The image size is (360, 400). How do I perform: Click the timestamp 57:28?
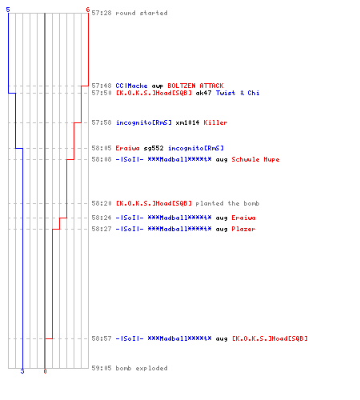102,13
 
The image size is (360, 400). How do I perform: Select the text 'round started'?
142,13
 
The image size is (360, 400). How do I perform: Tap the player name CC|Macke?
131,86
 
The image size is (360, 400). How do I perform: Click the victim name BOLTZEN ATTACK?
195,86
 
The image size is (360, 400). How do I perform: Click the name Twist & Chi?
238,93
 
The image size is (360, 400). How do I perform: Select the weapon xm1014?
187,122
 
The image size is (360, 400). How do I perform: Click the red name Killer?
215,122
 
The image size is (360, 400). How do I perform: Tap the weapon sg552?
154,148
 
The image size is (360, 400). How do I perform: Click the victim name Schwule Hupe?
255,159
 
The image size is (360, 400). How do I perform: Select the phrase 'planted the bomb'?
227,203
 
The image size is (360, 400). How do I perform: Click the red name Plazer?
243,229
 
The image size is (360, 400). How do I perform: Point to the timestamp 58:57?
102,338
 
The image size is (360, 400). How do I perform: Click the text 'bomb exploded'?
142,368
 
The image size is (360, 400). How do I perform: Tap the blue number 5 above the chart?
8,10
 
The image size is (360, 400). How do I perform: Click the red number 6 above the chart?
88,10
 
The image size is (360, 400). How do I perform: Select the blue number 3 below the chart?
22,371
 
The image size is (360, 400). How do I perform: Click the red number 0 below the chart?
45,371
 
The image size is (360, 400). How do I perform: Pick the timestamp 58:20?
102,203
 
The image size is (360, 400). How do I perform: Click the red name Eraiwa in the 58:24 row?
243,218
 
